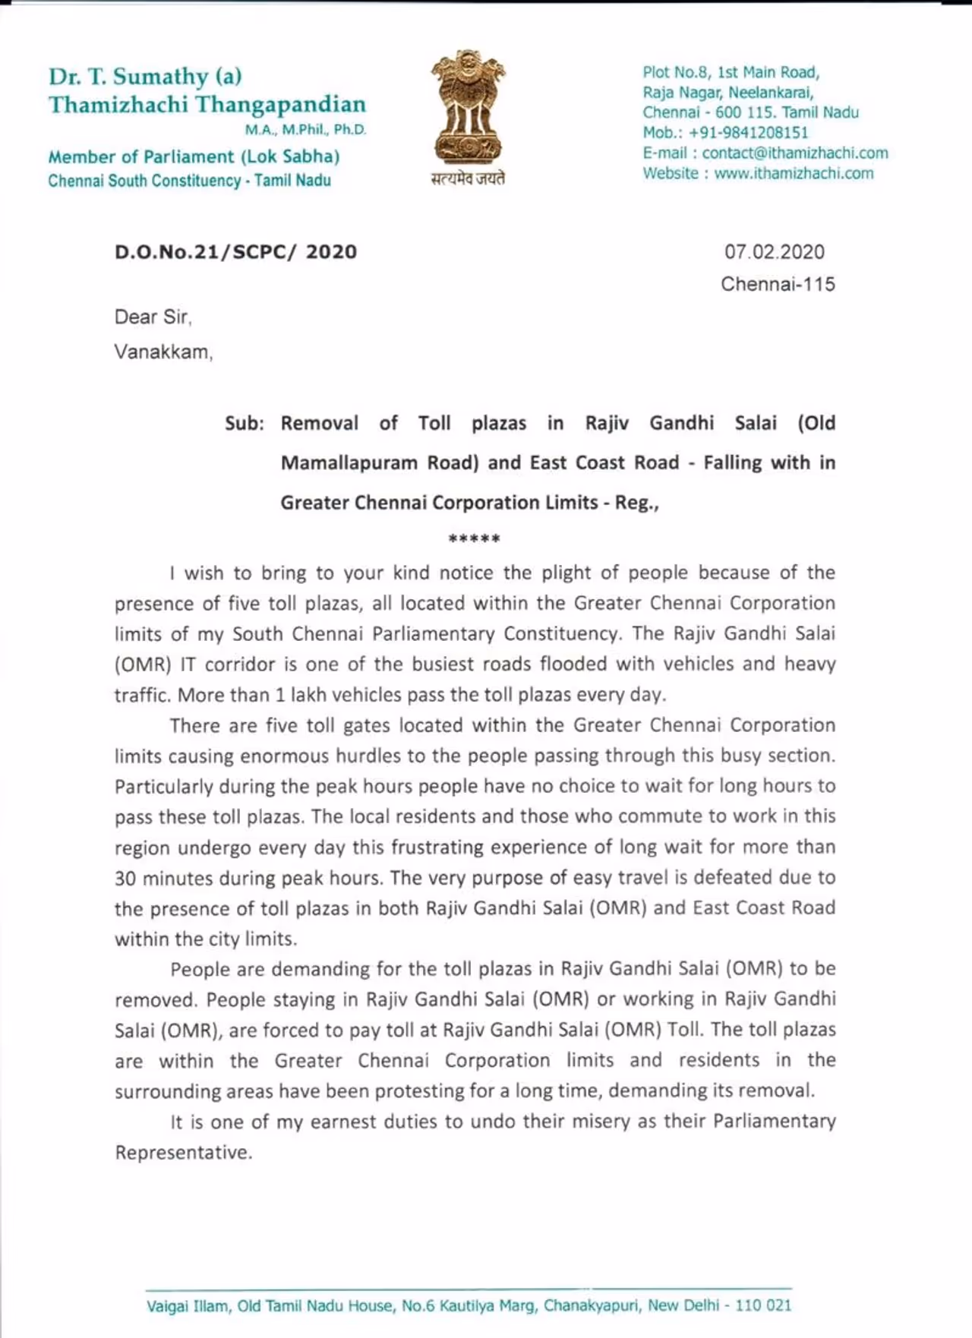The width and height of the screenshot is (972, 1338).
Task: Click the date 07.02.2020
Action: pos(774,252)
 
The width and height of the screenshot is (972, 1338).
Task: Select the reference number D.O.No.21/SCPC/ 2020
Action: pos(235,252)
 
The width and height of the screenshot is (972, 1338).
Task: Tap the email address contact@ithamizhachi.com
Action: pos(794,153)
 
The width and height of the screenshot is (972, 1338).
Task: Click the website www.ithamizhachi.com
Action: pos(794,173)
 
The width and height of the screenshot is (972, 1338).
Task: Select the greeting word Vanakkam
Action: pos(163,352)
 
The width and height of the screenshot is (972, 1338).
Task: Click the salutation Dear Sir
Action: pos(152,317)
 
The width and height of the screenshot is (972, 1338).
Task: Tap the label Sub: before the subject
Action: pos(244,424)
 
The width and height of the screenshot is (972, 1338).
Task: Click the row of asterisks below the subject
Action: pos(474,540)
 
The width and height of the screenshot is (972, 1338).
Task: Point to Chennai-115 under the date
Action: pos(778,284)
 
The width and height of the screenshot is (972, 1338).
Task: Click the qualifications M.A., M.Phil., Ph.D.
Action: pos(305,130)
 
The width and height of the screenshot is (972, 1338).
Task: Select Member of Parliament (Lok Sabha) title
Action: pos(194,157)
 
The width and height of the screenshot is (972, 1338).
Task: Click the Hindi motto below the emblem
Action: pos(468,178)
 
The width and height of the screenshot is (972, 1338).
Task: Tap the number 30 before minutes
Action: pos(126,879)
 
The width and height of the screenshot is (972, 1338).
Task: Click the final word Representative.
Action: pos(182,1153)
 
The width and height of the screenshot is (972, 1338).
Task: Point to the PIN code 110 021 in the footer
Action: pos(763,1306)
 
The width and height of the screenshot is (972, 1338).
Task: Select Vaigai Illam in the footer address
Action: pos(188,1306)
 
